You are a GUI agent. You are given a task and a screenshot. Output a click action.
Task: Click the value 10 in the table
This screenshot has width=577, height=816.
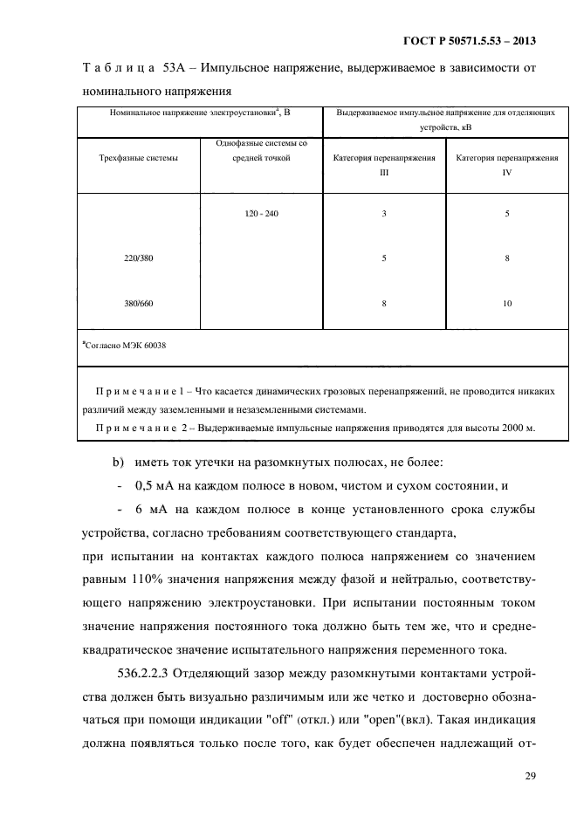click(507, 303)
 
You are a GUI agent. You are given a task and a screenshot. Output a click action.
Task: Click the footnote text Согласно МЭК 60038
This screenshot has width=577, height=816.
click(125, 346)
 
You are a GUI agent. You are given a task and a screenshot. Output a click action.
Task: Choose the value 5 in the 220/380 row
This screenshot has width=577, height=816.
click(383, 258)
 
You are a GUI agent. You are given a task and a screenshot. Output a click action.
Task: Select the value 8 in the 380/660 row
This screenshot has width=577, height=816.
click(383, 303)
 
